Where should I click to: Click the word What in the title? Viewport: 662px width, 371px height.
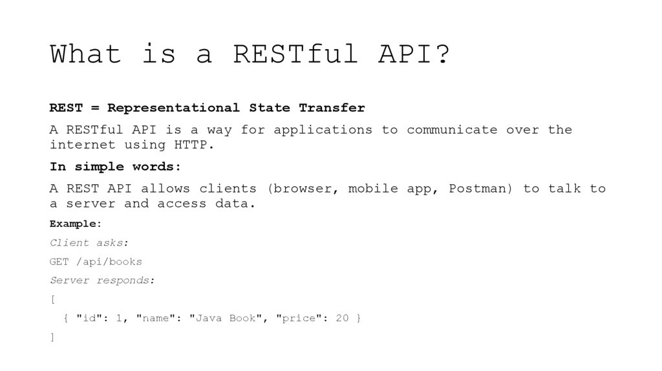85,54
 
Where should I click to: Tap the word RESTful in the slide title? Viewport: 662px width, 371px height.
295,54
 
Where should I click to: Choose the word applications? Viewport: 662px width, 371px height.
323,130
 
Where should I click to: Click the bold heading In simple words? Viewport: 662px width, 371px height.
116,167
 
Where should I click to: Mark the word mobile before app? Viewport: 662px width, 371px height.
373,189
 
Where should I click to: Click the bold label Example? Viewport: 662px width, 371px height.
76,224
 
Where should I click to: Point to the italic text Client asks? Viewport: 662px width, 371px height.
89,243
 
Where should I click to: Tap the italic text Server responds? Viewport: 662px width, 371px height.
102,281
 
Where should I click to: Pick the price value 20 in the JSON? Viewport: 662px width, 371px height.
342,319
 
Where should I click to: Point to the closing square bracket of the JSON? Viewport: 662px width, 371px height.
52,337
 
